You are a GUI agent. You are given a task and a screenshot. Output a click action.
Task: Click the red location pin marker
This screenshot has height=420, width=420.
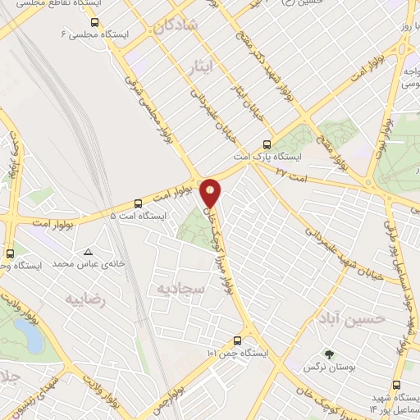pos(211,193)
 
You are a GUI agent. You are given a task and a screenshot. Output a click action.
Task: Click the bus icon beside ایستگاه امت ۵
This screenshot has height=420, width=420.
pos(137,203)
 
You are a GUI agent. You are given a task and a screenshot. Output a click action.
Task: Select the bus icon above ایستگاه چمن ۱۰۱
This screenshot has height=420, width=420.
pos(237,340)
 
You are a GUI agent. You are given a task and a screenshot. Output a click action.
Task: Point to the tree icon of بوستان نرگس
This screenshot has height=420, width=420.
pos(329,355)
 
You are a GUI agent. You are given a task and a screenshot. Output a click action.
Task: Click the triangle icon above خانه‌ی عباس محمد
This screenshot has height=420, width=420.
pos(88,253)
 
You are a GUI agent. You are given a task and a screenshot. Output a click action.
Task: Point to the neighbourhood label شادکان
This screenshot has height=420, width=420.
pos(175,25)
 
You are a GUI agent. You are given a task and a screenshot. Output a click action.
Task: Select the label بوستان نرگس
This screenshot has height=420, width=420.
pos(331,369)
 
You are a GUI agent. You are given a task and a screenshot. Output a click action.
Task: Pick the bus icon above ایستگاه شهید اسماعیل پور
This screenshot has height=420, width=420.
pos(398,385)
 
